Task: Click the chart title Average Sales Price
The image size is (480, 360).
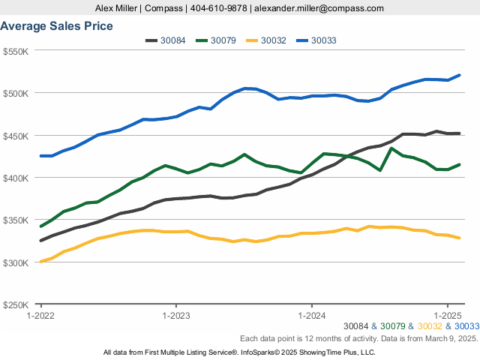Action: (x=57, y=26)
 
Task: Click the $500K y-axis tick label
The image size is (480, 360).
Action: (x=16, y=93)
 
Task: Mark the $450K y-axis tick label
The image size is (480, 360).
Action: (x=16, y=136)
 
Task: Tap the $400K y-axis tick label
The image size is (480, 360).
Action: (x=16, y=178)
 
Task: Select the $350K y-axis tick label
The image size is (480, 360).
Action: (x=16, y=220)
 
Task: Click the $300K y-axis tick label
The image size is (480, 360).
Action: (x=16, y=262)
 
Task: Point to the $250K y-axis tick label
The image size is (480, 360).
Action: (x=16, y=305)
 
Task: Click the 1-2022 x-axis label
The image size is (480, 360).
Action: (x=40, y=315)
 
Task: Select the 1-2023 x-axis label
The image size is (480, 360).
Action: (x=175, y=315)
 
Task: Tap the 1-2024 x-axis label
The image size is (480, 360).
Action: (x=311, y=315)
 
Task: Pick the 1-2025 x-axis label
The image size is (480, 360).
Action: (x=447, y=315)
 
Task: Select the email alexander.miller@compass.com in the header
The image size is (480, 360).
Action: (x=319, y=8)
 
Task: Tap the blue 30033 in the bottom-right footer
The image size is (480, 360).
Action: (x=466, y=326)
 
